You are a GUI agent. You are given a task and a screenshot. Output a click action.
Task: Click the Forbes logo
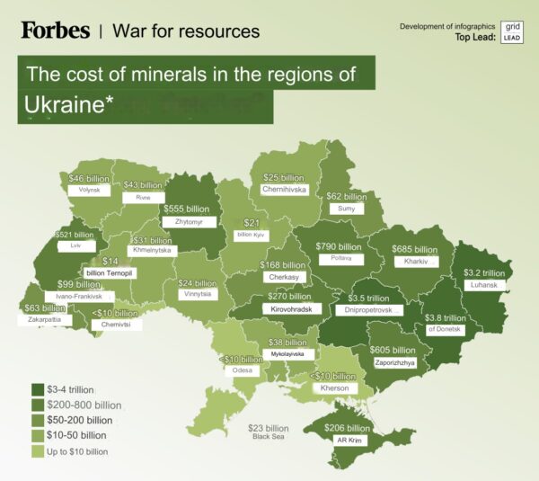[x=56, y=30]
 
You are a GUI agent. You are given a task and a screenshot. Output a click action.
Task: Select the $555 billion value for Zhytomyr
[x=185, y=209]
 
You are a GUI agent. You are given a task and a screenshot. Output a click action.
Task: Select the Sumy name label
[x=345, y=209]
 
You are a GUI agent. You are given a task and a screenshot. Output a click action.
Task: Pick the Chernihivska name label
[x=284, y=190]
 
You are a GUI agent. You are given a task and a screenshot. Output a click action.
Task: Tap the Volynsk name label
[x=89, y=191]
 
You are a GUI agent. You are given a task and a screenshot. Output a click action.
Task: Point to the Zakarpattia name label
[x=44, y=319]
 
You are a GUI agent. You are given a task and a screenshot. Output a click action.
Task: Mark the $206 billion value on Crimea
[x=347, y=429]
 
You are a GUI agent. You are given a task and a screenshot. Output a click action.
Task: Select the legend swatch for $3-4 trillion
[x=40, y=389]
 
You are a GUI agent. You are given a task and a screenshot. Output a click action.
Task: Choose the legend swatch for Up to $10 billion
[x=40, y=451]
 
